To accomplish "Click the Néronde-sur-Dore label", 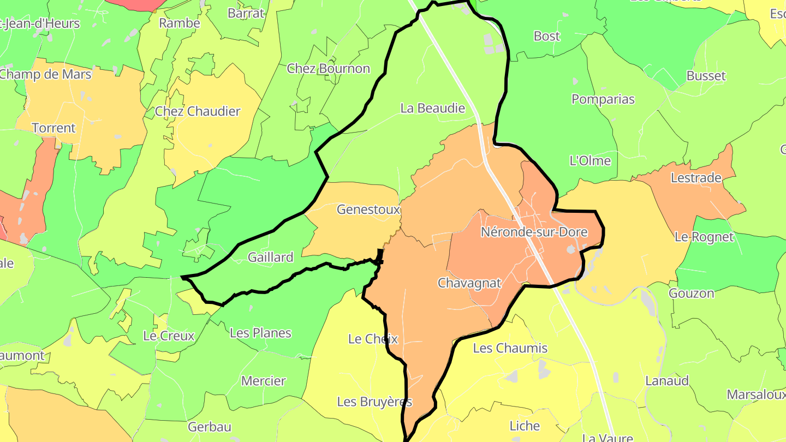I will click(x=534, y=232).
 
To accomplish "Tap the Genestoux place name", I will click(x=368, y=209).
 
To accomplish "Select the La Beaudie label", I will click(x=433, y=108).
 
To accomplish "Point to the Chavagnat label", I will click(x=469, y=283).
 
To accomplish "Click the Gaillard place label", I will click(x=270, y=256).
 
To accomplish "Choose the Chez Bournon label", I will click(x=329, y=69).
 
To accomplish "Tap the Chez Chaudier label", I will click(x=198, y=111).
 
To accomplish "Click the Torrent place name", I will click(x=53, y=128).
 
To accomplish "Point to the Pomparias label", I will click(x=603, y=99).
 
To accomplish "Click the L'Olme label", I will click(x=590, y=160).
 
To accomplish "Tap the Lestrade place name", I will click(x=696, y=178).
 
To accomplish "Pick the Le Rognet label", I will click(x=704, y=237).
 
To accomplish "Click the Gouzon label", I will click(x=692, y=293).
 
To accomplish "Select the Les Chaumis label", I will click(x=510, y=348).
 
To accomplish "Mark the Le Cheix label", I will click(x=373, y=339).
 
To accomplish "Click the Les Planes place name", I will click(x=260, y=333).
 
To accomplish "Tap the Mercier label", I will click(x=264, y=381).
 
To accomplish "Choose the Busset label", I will click(x=706, y=76).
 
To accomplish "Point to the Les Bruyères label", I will click(x=374, y=402).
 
